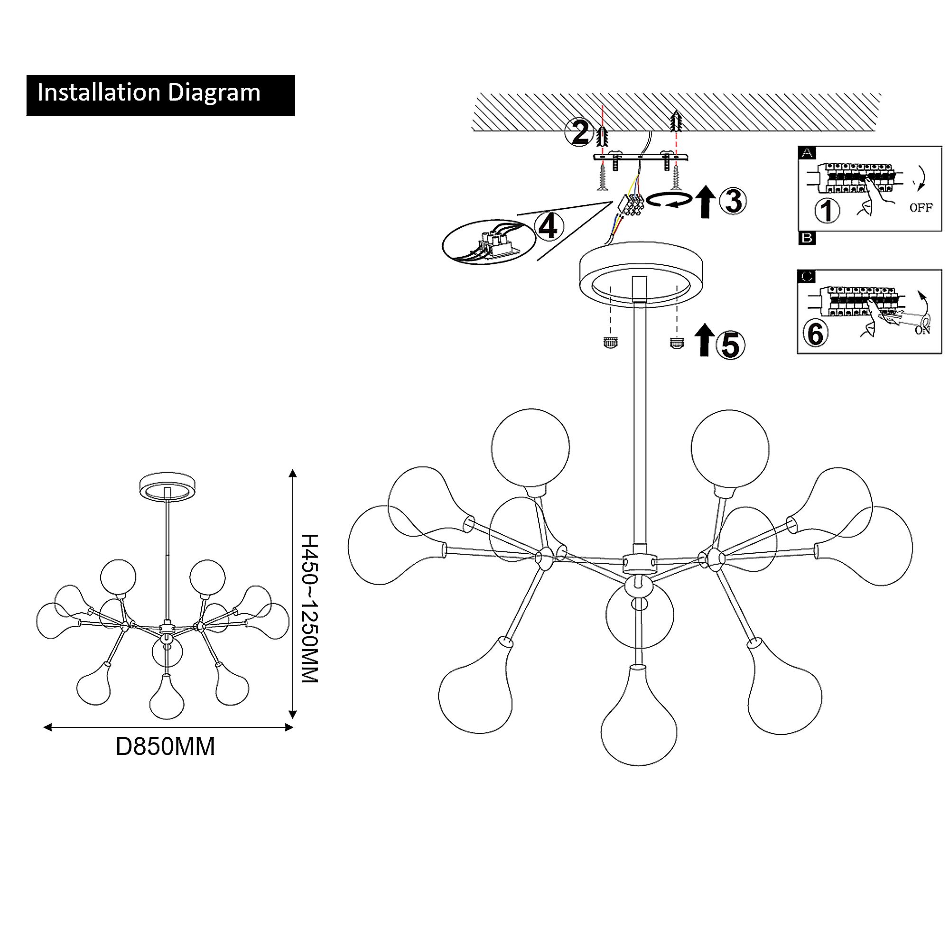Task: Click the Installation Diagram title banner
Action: click(161, 95)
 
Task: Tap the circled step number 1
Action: click(827, 210)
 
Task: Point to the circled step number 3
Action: click(733, 201)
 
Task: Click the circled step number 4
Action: click(548, 226)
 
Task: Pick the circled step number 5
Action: click(730, 345)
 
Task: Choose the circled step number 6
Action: click(815, 334)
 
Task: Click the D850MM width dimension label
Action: click(165, 746)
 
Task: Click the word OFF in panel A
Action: click(921, 208)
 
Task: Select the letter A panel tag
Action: click(807, 153)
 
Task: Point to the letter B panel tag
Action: click(807, 238)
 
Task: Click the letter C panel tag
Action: click(807, 277)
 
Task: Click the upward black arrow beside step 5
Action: click(704, 340)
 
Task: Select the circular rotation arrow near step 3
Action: click(669, 200)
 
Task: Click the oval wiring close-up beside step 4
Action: click(489, 242)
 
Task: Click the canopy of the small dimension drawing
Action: click(167, 486)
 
